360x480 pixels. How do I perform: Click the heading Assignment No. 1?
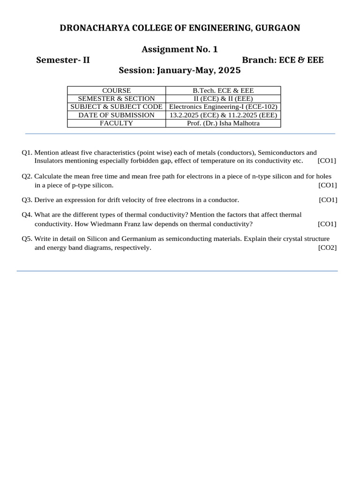[180, 49]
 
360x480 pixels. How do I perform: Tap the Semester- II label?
[63, 60]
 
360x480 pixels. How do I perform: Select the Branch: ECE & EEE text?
[283, 60]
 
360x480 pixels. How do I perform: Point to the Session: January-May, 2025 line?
[180, 71]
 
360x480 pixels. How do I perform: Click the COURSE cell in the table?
[116, 90]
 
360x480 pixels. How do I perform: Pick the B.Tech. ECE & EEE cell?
[223, 90]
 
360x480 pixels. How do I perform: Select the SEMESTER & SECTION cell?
[116, 98]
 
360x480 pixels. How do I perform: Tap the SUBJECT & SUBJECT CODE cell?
[116, 107]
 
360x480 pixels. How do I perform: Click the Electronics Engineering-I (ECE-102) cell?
[223, 107]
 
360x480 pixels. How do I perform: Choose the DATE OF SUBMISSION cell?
[116, 115]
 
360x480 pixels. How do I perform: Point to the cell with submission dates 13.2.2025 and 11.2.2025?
[223, 115]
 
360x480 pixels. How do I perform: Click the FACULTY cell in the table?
[116, 123]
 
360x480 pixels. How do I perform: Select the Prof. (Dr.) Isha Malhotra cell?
[223, 123]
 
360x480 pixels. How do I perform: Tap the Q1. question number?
[27, 153]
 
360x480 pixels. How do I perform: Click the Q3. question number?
[27, 200]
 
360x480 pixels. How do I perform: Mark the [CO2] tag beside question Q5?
[327, 247]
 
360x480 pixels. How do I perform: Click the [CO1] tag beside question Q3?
[328, 200]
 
